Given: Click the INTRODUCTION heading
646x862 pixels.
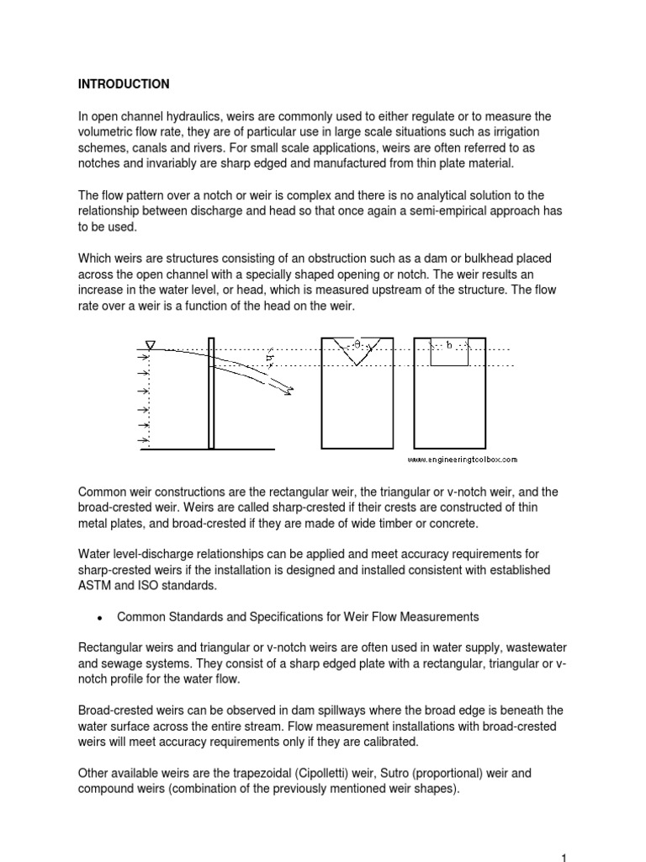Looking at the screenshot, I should coord(124,84).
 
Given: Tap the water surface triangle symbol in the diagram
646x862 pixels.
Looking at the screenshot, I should coord(151,343).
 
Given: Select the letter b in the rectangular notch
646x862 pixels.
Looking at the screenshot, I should coord(449,344).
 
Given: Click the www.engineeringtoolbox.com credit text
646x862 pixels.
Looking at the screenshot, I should coord(463,460).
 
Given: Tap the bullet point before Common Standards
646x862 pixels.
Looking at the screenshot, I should coord(99,618).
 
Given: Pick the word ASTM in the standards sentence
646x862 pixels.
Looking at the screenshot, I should coord(93,585).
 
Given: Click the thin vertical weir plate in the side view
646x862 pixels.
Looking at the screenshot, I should coord(211,391).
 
